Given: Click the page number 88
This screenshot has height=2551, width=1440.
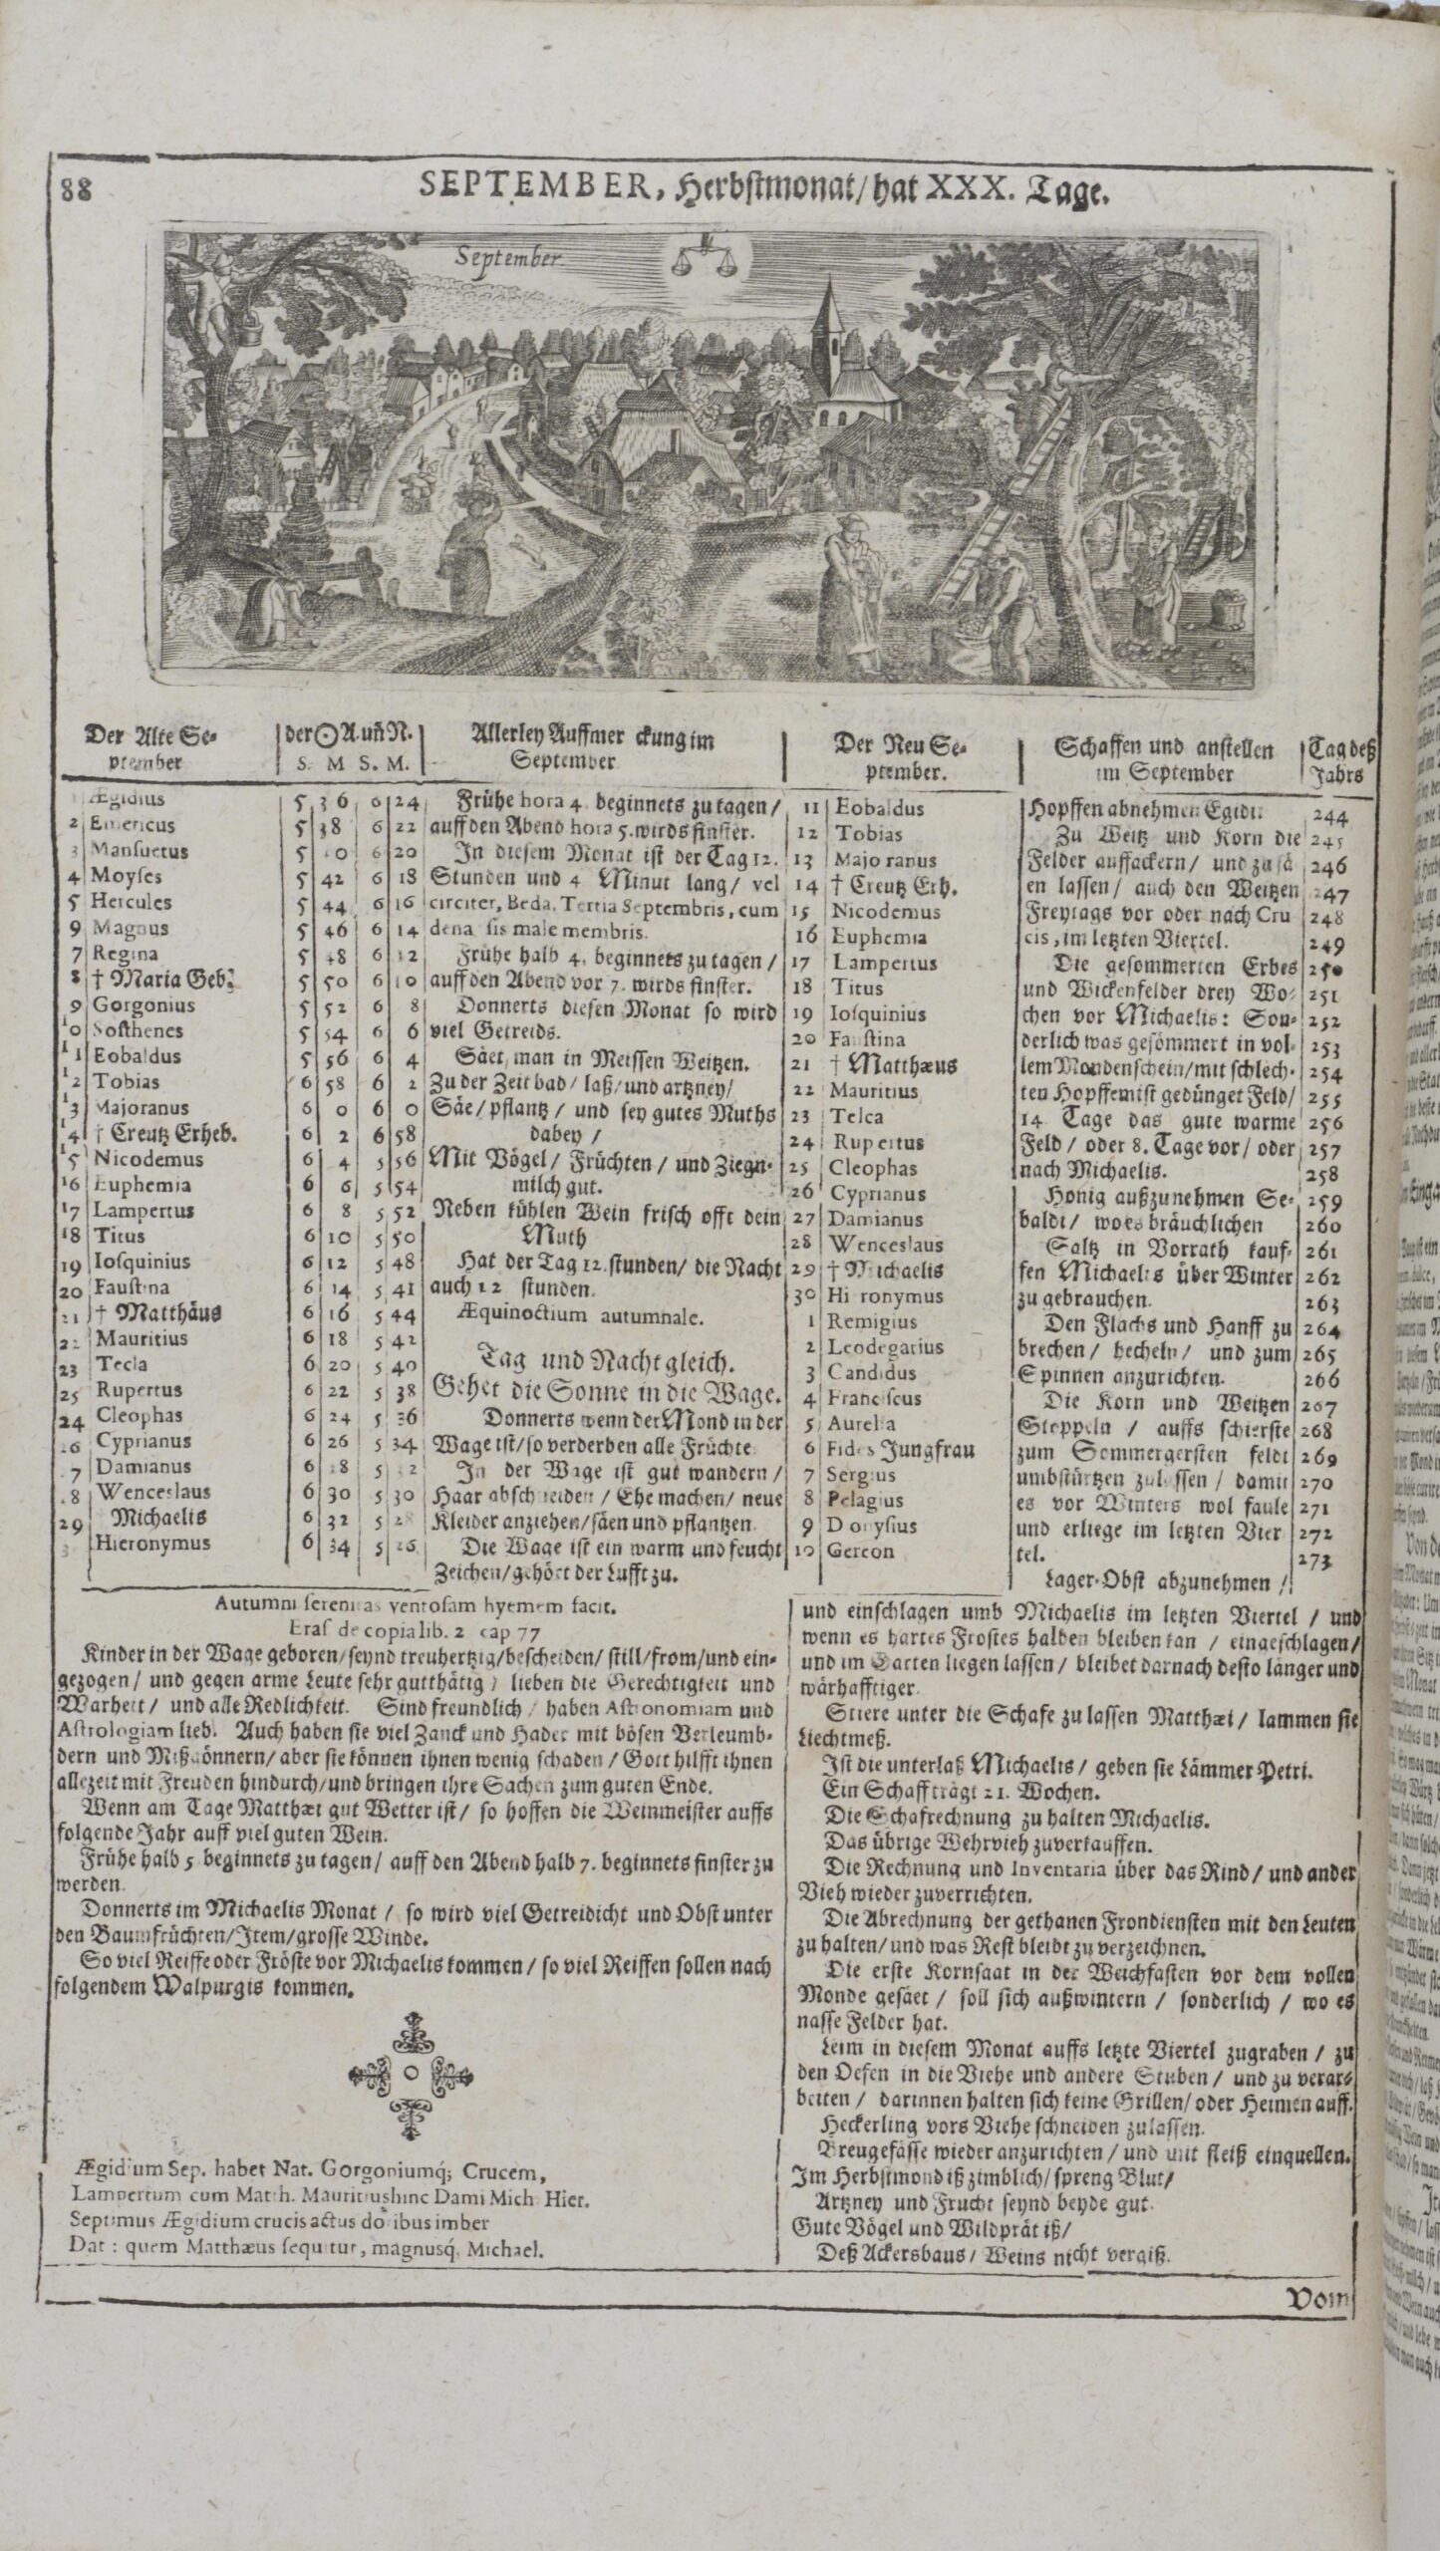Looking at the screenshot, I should [x=76, y=189].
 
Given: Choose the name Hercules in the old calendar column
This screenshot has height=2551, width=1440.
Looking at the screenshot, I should [x=131, y=903].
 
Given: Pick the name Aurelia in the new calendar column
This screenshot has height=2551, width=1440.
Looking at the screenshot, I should [x=862, y=1425].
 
